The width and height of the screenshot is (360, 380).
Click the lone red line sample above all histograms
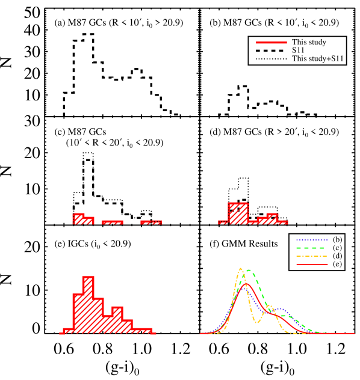tap(271, 42)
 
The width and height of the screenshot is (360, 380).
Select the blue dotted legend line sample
tap(312, 241)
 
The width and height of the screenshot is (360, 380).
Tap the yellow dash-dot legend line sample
tap(312, 257)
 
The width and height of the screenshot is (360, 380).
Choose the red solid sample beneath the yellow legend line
tap(312, 264)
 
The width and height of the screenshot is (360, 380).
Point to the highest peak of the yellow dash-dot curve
tap(241, 269)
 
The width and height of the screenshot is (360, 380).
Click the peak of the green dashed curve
tap(249, 271)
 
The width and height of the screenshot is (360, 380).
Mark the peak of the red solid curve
tap(246, 284)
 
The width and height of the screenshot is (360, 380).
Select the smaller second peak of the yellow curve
tap(270, 306)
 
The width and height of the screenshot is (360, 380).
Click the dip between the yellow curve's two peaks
tap(258, 322)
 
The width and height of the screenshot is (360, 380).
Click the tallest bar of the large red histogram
tap(88, 304)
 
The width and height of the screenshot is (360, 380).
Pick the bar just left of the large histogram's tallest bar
tap(78, 313)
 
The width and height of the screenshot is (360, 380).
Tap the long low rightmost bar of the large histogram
tap(142, 331)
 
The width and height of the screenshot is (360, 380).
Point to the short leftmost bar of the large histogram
tap(67, 331)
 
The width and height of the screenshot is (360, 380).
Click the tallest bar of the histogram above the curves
tap(238, 213)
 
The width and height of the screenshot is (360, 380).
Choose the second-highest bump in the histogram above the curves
tap(272, 218)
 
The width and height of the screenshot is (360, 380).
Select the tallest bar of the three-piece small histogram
tap(78, 218)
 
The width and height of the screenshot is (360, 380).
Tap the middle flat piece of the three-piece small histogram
tap(112, 222)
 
